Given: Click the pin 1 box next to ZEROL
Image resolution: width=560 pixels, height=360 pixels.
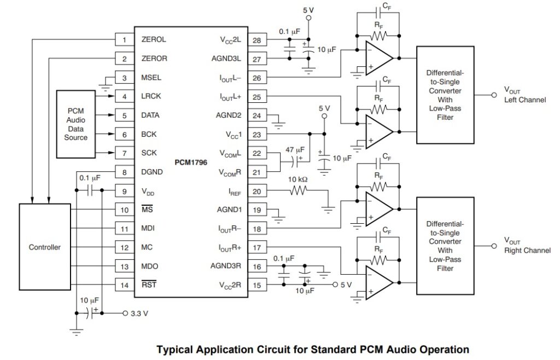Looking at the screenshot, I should tap(124, 40).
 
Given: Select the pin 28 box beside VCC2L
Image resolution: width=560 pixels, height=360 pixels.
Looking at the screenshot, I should tap(256, 40).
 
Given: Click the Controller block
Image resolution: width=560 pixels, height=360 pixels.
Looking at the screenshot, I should tap(45, 247).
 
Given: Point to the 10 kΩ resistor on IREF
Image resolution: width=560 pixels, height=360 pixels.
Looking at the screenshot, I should tap(300, 190).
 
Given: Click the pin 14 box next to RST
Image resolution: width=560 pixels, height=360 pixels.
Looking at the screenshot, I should tap(124, 285).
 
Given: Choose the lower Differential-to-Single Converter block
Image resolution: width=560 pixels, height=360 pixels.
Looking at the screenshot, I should tap(446, 246).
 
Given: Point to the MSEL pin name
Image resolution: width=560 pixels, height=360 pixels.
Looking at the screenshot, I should tap(151, 78).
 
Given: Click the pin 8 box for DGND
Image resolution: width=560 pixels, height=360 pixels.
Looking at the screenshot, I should tap(124, 172).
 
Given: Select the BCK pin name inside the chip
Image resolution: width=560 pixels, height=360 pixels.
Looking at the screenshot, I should tap(149, 134).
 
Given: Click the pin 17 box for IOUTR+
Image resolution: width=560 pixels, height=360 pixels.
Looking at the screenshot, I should tap(256, 247).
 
